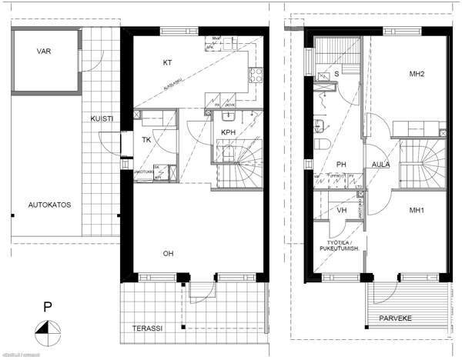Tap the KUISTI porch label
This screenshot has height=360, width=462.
102,119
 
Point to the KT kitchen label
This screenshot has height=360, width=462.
166,62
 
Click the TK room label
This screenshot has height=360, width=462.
146,140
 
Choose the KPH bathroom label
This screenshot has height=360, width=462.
228,132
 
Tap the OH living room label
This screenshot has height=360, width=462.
167,252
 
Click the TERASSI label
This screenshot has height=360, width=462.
148,328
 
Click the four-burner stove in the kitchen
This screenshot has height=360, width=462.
254,75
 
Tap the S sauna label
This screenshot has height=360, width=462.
336,74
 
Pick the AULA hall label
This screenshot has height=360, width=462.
380,165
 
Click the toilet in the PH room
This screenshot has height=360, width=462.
323,145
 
